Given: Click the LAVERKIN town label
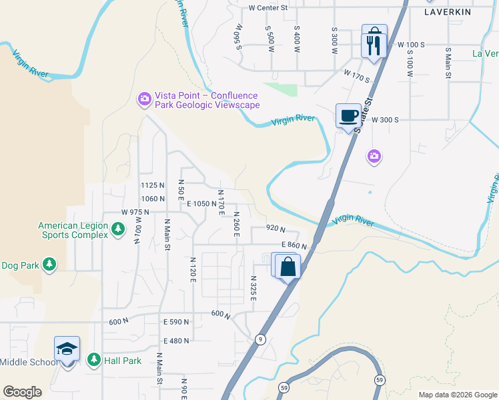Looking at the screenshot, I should tap(447, 12).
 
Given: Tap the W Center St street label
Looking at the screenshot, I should tap(267, 8).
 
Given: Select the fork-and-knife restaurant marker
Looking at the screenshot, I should tap(372, 45).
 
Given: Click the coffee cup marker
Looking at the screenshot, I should tap(348, 115).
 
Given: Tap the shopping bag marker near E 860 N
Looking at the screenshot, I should tap(288, 267).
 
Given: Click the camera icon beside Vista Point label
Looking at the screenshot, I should tap(144, 99).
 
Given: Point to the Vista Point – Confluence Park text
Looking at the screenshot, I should tap(207, 100).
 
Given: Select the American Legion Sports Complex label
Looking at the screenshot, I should tap(73, 230).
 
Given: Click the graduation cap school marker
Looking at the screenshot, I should tap(67, 349).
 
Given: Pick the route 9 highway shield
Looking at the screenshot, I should tap(260, 339).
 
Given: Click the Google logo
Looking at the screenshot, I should tap(22, 392).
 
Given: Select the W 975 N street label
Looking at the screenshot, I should tap(136, 212).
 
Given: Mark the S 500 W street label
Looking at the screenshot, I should tap(270, 39).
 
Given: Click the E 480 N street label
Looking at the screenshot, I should tap(176, 341).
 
